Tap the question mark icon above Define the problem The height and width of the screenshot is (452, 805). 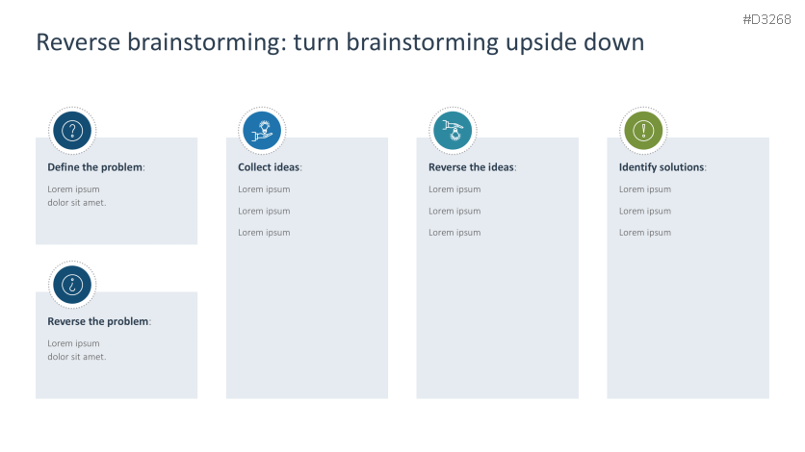pyautogui.click(x=72, y=130)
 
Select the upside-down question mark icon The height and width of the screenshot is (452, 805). pyautogui.click(x=72, y=285)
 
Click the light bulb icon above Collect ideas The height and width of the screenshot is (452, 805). pyautogui.click(x=262, y=130)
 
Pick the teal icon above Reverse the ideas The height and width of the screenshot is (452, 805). pyautogui.click(x=452, y=130)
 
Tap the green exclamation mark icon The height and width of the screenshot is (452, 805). pyautogui.click(x=642, y=130)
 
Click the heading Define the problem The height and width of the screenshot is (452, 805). pyautogui.click(x=94, y=167)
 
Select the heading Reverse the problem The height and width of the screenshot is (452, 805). pyautogui.click(x=98, y=321)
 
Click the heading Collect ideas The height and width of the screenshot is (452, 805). pyautogui.click(x=269, y=167)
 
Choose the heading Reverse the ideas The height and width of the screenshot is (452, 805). pyautogui.click(x=471, y=167)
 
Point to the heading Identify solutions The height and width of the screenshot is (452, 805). pyautogui.click(x=662, y=167)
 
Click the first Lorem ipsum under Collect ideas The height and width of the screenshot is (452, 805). pyautogui.click(x=264, y=189)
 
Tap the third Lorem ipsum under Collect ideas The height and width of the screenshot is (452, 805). pyautogui.click(x=264, y=233)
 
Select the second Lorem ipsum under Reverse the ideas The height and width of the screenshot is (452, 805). pyautogui.click(x=454, y=211)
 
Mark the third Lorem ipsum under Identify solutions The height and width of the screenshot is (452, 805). pyautogui.click(x=645, y=233)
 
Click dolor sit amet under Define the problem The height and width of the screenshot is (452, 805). pyautogui.click(x=77, y=203)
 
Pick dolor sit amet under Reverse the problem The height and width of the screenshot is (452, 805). pyautogui.click(x=77, y=357)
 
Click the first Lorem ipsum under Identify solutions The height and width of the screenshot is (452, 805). pyautogui.click(x=645, y=189)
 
